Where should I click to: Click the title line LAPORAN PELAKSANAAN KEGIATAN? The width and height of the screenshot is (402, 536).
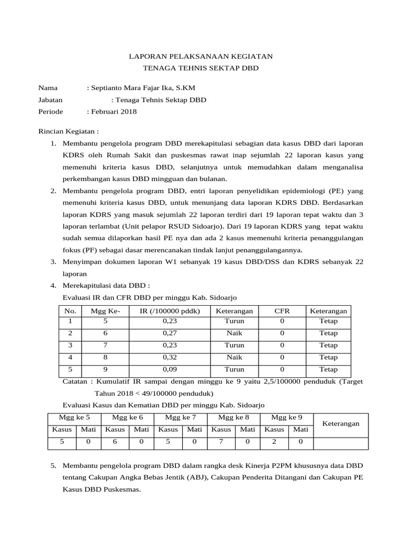201,56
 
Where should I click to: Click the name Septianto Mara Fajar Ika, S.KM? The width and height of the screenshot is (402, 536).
142,88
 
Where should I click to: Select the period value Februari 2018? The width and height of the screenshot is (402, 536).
113,111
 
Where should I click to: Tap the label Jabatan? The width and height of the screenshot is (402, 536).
51,99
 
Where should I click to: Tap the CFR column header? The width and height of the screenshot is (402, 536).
282,311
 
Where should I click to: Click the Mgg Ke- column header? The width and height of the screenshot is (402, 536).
106,311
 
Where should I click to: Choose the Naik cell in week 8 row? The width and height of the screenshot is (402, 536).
234,358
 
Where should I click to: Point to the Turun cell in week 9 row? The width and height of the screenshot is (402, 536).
234,370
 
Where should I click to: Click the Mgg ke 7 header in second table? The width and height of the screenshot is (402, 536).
181,418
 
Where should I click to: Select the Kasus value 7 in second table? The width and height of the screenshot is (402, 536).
220,442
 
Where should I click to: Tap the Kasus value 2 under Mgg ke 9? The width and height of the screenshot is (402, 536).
274,442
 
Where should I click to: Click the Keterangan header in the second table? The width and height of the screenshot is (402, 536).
340,423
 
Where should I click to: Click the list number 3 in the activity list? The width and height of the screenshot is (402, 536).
53,261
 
